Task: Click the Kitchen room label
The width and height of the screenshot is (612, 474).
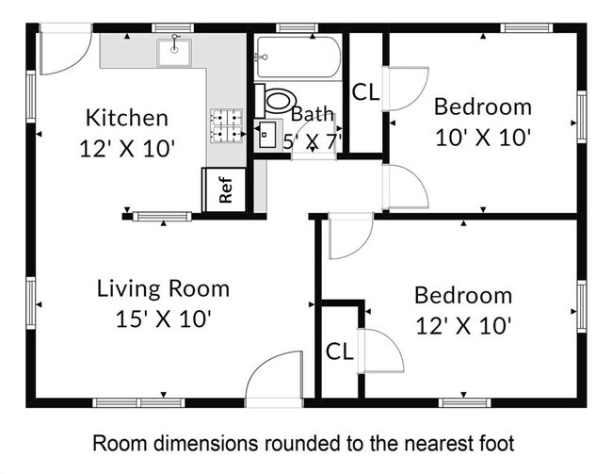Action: [127, 118]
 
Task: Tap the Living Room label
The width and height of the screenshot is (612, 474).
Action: [163, 288]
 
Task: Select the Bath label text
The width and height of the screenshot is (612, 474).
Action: [312, 114]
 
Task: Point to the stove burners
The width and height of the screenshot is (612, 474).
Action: [226, 125]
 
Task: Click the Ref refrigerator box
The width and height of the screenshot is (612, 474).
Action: [226, 189]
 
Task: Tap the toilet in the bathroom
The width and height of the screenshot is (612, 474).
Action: [277, 98]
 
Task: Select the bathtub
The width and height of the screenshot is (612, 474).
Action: [296, 57]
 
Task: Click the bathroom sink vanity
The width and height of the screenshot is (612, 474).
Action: [268, 134]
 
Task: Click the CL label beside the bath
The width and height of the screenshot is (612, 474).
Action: [365, 92]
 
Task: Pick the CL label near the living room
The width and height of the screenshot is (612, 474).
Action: [339, 351]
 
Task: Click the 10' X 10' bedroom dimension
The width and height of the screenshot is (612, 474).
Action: [483, 137]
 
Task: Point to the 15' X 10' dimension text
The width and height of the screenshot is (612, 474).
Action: [163, 319]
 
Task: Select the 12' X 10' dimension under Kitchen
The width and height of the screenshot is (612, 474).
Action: [127, 148]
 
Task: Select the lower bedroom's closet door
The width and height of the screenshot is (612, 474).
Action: [383, 351]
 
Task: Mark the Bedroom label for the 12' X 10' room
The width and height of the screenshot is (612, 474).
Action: [463, 296]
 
